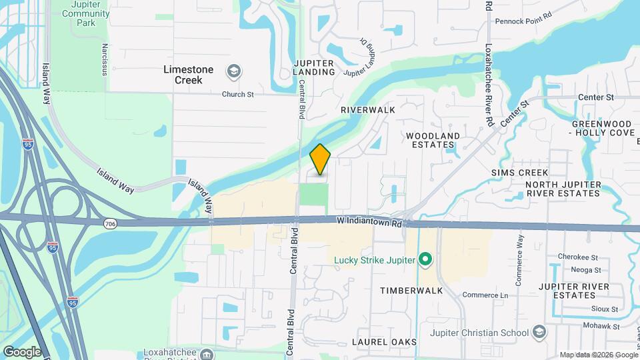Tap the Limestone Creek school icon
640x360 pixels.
[233, 71]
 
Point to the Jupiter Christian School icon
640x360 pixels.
[539, 332]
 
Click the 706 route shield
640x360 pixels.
[111, 224]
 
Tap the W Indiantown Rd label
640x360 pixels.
[369, 221]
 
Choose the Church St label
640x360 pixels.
[238, 95]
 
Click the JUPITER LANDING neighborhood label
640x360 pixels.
[314, 67]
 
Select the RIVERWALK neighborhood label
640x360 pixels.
[368, 109]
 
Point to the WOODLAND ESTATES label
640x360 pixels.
[433, 140]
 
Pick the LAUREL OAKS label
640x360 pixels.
[384, 342]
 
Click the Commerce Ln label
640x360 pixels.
[485, 295]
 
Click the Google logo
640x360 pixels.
[22, 351]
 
